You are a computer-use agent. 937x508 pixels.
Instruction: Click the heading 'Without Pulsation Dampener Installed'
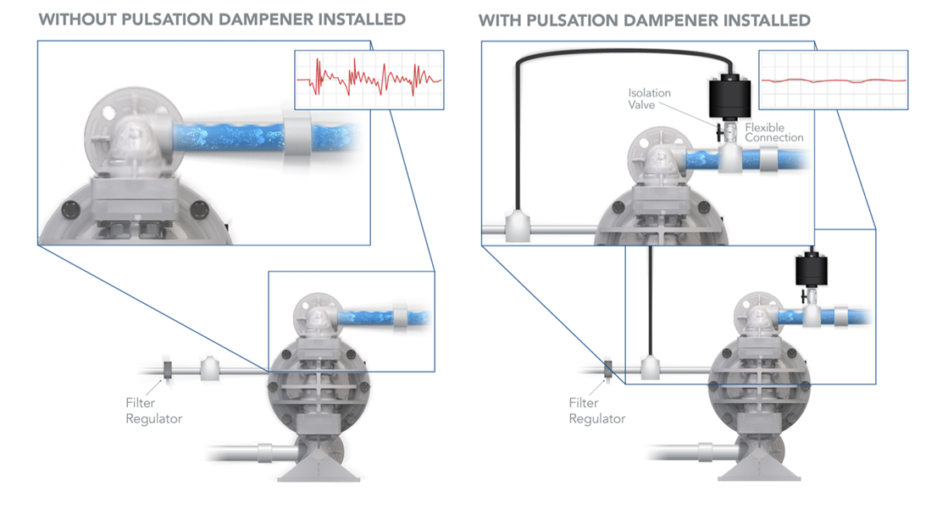222,19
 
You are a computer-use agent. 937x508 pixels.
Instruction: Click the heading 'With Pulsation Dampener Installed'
645,19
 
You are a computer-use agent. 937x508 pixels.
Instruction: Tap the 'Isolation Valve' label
649,98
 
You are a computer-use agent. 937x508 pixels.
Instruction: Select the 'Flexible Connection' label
774,133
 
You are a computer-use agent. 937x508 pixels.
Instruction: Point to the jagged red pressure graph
369,80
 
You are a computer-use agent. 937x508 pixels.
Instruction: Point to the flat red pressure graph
834,80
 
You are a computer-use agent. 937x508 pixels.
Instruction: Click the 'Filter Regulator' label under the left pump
153,411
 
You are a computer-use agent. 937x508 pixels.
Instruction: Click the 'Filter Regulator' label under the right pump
596,411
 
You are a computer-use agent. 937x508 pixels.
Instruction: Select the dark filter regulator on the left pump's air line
167,370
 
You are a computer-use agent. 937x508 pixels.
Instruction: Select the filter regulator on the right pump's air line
608,370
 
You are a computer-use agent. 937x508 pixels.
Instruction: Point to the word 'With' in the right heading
501,19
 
